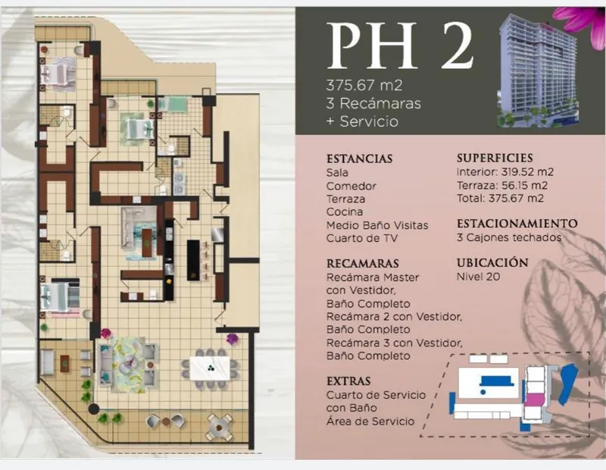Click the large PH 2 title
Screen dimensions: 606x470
(400, 45)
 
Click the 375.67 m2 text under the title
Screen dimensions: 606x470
(364, 85)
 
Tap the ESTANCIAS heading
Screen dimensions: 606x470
(359, 158)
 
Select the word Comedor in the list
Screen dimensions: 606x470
(351, 186)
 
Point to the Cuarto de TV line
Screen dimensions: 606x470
(362, 238)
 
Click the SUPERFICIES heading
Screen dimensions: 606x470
(495, 158)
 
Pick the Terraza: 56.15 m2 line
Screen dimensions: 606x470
(502, 185)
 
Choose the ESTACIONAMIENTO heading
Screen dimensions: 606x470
(517, 223)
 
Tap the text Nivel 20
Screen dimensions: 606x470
(478, 277)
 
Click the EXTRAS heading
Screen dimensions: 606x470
(348, 381)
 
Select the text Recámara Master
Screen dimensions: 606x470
(373, 277)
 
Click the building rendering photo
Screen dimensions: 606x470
(538, 70)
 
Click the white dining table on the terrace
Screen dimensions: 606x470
(210, 368)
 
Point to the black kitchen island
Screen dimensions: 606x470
(193, 260)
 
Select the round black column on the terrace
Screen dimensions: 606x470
(93, 409)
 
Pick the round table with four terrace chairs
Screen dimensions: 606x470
(219, 428)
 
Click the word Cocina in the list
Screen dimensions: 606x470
(345, 212)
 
